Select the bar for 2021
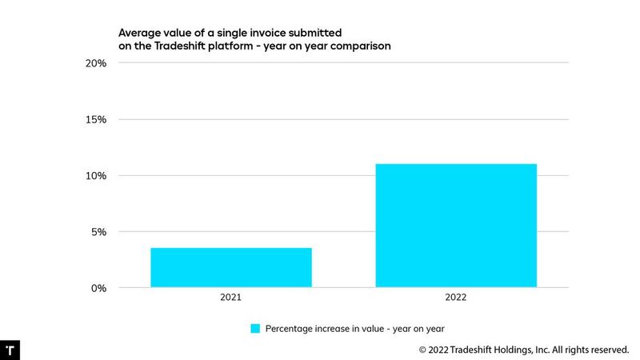click(230, 267)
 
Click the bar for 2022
click(456, 226)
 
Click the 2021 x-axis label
click(230, 298)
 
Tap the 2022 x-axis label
click(456, 298)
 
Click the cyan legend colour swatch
click(255, 328)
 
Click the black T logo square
click(10, 350)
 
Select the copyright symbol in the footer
click(423, 350)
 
